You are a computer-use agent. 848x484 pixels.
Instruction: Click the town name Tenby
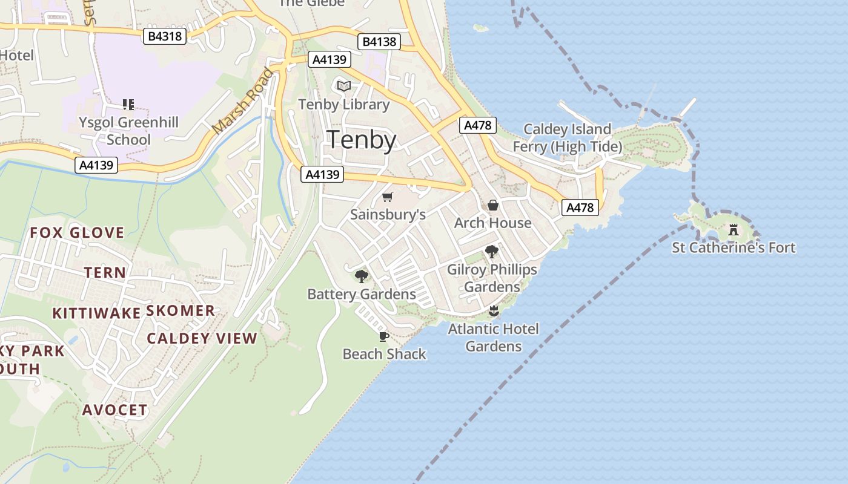pos(362,140)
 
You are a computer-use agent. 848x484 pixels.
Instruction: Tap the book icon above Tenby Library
pos(344,87)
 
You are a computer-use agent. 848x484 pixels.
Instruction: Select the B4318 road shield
pos(165,36)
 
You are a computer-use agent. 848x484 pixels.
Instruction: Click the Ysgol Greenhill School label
pos(128,131)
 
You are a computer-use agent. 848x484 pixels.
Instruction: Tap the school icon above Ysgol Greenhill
pos(128,105)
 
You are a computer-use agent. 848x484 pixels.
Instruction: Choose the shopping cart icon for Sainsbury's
pos(388,197)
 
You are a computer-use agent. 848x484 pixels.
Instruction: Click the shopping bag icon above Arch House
pos(493,205)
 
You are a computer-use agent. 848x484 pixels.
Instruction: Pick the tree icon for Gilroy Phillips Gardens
pos(492,252)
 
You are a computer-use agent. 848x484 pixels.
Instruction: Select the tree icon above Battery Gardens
pos(362,276)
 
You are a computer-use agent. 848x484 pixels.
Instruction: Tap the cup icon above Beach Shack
pos(383,336)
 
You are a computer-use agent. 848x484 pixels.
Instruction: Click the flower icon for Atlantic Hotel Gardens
pos(493,312)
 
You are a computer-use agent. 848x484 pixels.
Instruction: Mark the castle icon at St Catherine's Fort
pos(734,230)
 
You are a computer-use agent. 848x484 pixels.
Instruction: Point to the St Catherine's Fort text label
pos(734,247)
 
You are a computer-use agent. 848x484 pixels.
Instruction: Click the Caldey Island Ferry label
pos(568,138)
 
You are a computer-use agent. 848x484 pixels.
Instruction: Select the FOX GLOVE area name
pos(77,233)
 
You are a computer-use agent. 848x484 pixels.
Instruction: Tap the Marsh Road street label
pos(243,102)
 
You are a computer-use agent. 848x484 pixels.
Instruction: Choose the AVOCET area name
pos(115,410)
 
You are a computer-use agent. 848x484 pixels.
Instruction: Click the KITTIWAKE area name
pos(96,313)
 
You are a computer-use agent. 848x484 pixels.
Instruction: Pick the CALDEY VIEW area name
pos(202,338)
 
